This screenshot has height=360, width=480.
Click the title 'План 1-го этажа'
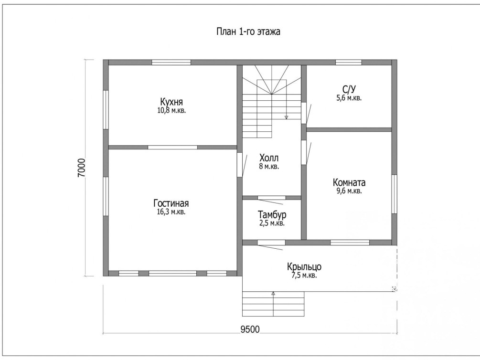[x=248, y=32]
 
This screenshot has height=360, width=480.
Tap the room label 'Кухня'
[x=171, y=102]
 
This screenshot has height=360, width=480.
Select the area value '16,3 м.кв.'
[x=171, y=212]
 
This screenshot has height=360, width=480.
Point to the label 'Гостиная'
[x=171, y=203]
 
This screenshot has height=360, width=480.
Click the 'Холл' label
[x=269, y=158]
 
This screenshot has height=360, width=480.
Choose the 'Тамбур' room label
[x=272, y=214]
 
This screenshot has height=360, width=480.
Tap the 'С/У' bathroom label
[x=349, y=89]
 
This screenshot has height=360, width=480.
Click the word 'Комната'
[x=349, y=183]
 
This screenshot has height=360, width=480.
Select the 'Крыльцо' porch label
[x=304, y=267]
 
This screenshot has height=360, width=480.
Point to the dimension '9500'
[x=250, y=329]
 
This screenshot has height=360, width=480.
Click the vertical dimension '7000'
[x=81, y=168]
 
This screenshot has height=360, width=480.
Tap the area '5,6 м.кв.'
[x=349, y=98]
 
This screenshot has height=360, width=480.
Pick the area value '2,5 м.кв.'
[x=272, y=223]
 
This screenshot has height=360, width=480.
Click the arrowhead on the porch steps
[x=273, y=293]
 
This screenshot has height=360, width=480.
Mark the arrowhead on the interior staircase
[x=286, y=117]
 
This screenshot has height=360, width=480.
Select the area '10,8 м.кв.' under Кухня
[x=171, y=110]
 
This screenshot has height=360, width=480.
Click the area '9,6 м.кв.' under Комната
[x=349, y=191]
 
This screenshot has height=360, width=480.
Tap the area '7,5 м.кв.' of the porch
[x=304, y=275]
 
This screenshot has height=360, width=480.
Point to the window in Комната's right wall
[x=395, y=194]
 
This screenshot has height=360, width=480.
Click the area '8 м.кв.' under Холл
[x=269, y=167]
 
